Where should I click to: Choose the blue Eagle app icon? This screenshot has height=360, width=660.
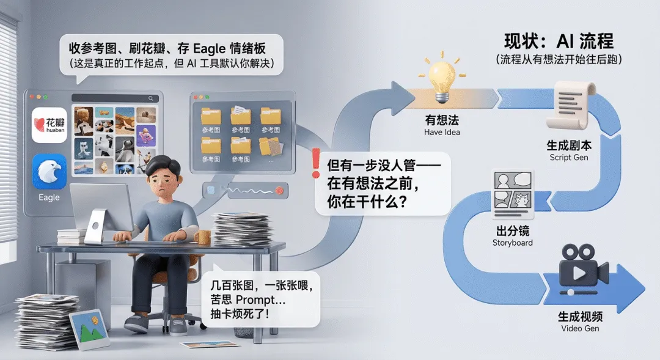pos(49,172)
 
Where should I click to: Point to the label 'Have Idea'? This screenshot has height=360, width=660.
pos(442,132)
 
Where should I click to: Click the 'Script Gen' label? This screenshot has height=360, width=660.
pos(569,158)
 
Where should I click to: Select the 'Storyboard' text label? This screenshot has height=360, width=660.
pos(512,243)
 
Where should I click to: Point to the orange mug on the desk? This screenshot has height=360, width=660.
pos(202,237)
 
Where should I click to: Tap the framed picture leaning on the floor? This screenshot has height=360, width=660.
pos(89,330)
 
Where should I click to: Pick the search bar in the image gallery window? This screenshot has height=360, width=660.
pos(114,98)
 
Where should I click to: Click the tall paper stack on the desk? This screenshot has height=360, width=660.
pos(241,228)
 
